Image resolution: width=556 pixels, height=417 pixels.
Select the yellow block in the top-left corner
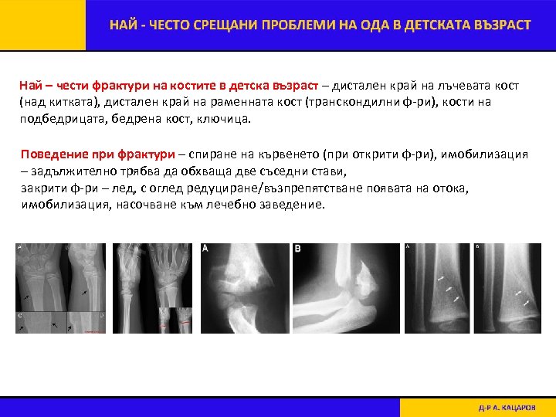point(42,25)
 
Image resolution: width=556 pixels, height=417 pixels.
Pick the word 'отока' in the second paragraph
point(451,188)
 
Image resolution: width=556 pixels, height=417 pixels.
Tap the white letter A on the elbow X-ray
point(205,249)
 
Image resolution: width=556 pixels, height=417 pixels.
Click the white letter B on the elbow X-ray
point(298,249)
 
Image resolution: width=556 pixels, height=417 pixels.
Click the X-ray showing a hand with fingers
point(154,288)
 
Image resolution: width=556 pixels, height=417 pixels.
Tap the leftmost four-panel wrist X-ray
point(62,288)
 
